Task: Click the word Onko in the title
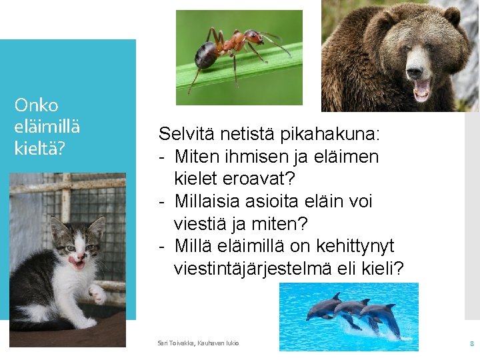pyautogui.click(x=36, y=105)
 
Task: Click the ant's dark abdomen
pyautogui.click(x=207, y=55)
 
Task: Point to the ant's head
pyautogui.click(x=253, y=37)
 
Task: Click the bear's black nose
pyautogui.click(x=415, y=72)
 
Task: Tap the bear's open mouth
pyautogui.click(x=421, y=90)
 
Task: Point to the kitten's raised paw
pyautogui.click(x=97, y=294)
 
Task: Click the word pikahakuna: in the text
pyautogui.click(x=330, y=134)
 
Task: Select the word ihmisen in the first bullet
pyautogui.click(x=257, y=157)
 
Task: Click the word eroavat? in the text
pyautogui.click(x=259, y=179)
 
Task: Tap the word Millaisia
pyautogui.click(x=207, y=201)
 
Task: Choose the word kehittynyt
pyautogui.click(x=355, y=246)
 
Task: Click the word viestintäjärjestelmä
pyautogui.click(x=253, y=269)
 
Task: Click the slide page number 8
pyautogui.click(x=472, y=343)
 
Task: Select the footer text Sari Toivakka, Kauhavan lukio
pyautogui.click(x=198, y=343)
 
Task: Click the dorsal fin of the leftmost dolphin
pyautogui.click(x=337, y=296)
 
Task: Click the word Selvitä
pyautogui.click(x=186, y=134)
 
